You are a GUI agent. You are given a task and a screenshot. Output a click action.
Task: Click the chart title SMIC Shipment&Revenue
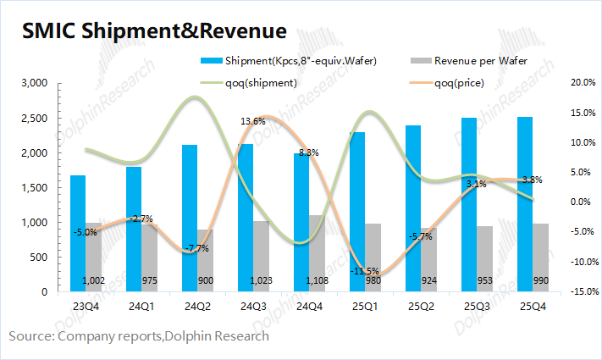tap(153, 31)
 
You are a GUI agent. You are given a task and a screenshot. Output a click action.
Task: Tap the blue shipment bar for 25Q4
tap(525, 203)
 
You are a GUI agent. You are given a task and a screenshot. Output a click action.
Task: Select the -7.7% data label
tap(196, 248)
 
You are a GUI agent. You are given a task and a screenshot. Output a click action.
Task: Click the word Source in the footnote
tap(30, 336)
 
